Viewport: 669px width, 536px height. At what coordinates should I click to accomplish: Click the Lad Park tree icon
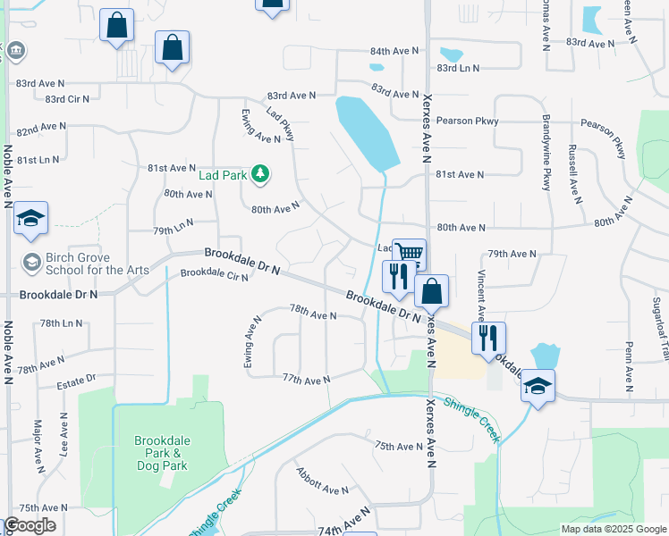point(260,174)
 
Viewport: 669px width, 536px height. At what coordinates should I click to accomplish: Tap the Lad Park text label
point(223,175)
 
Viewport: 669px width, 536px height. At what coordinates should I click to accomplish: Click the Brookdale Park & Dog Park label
point(162,453)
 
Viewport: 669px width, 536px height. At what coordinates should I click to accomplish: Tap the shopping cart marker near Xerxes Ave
point(409,254)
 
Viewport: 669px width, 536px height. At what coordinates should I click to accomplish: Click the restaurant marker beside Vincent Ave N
point(488,338)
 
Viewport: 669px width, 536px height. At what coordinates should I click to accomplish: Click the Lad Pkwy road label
point(281,123)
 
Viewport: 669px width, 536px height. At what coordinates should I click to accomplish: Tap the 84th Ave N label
point(394,52)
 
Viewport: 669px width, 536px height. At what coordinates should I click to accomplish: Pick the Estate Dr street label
point(76,382)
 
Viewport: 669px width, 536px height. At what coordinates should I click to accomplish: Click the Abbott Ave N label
point(322,490)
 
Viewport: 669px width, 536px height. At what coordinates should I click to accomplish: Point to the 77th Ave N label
point(307,380)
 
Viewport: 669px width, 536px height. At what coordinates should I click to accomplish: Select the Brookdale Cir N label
point(214,274)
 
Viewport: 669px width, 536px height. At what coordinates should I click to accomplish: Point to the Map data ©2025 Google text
point(613,529)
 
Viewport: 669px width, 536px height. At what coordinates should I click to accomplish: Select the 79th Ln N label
point(173,230)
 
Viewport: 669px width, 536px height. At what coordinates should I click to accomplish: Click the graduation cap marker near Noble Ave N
point(30,219)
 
